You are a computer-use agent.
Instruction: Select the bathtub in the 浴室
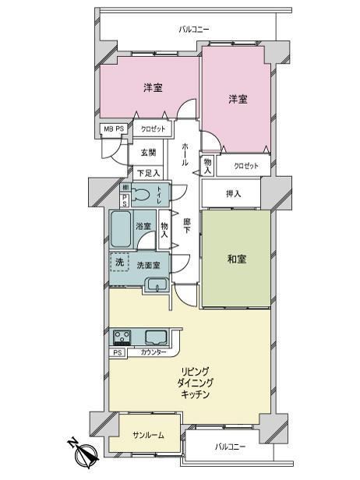[122, 228]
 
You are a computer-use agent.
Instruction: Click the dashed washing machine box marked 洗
[119, 262]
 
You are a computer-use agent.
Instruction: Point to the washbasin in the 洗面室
[157, 285]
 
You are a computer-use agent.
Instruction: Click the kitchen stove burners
[122, 337]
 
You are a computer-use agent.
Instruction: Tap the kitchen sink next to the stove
[156, 337]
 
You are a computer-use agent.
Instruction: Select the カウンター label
[154, 352]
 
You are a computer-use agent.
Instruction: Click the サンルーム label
[149, 435]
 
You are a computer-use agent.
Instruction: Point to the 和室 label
[237, 259]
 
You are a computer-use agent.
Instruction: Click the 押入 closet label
[233, 194]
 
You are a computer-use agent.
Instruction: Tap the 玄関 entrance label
[149, 152]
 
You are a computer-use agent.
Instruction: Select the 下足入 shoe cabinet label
[148, 173]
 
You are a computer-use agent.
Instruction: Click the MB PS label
[114, 129]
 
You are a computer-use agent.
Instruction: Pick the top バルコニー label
[194, 30]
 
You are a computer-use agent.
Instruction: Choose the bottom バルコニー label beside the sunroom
[230, 446]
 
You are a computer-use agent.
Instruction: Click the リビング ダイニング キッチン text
[196, 383]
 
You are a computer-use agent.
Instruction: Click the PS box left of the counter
[118, 353]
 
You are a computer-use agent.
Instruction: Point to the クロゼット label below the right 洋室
[246, 166]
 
